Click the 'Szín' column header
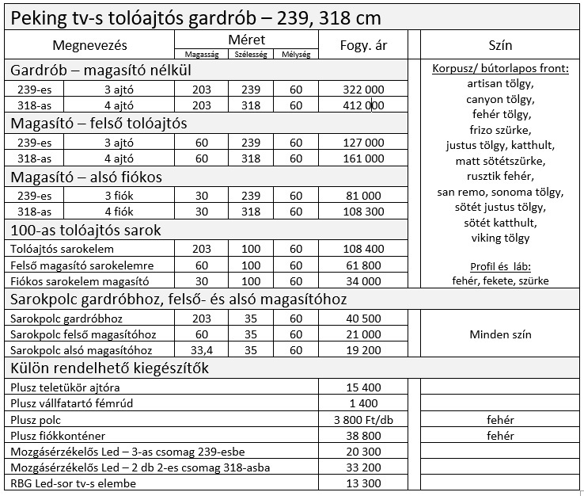click(x=500, y=45)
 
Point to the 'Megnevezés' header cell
click(x=89, y=45)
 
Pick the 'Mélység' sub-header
click(x=296, y=54)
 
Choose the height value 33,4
click(x=202, y=349)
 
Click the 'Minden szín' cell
click(x=500, y=334)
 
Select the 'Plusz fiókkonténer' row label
click(x=59, y=436)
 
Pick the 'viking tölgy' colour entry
click(x=500, y=238)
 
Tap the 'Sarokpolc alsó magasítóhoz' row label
click(x=82, y=349)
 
